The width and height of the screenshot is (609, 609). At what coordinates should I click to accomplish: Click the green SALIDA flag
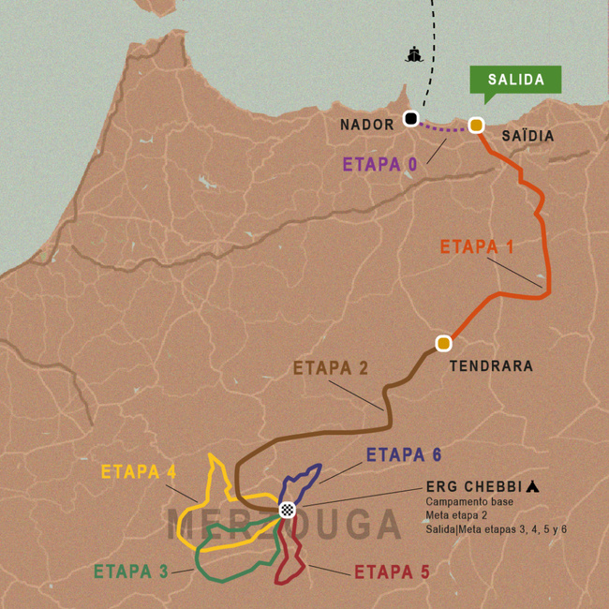pos(515,81)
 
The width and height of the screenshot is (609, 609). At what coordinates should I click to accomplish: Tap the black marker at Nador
pos(410,118)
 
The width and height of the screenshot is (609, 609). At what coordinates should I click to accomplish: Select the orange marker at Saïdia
pos(476,126)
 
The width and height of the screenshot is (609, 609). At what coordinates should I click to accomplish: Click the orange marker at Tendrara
pos(443,343)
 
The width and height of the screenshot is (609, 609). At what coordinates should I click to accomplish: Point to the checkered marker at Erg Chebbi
pos(288,510)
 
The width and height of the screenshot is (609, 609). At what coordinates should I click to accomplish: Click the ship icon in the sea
pos(413,54)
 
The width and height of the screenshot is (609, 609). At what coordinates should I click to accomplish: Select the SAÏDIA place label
pos(527,137)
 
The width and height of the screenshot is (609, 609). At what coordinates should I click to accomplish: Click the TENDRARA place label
pos(492,366)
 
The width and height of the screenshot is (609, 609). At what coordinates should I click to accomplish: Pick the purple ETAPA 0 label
pos(379,164)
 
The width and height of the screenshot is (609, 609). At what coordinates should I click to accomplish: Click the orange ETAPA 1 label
pos(477,247)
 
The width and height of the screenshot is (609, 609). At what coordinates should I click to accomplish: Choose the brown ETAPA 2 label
pos(331,367)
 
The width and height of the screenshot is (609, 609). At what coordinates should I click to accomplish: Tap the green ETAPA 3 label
pos(131,572)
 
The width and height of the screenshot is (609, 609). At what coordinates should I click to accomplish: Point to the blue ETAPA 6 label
pos(404,455)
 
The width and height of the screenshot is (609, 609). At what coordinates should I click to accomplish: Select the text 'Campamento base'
pos(465,502)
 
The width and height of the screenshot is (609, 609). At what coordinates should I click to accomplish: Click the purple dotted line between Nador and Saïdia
pos(443,127)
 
